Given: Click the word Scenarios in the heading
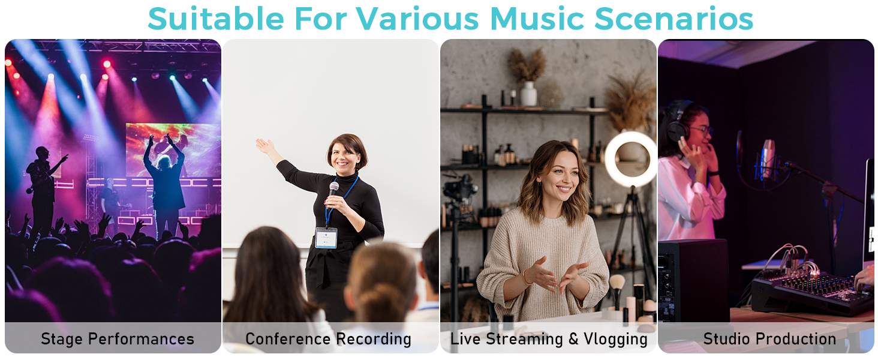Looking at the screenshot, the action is click(x=673, y=19).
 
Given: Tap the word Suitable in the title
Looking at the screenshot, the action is click(x=216, y=19).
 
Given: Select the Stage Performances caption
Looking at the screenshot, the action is click(x=118, y=339).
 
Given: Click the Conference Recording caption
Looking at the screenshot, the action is click(x=329, y=339).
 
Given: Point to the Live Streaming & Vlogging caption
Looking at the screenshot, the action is click(x=549, y=339).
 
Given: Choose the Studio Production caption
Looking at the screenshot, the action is click(x=769, y=339).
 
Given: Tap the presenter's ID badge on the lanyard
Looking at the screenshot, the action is click(x=326, y=238).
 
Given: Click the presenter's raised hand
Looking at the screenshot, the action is click(x=265, y=146).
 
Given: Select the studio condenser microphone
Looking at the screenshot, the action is click(x=768, y=159).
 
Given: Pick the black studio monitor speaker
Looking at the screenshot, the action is click(x=693, y=281).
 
